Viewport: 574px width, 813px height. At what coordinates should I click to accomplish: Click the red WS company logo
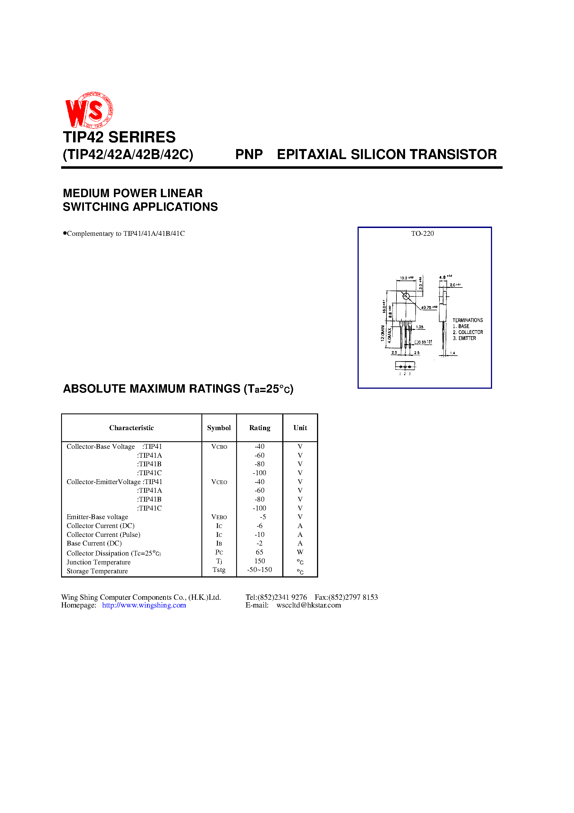pos(89,110)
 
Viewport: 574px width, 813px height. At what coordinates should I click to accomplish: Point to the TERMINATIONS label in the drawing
pos(468,320)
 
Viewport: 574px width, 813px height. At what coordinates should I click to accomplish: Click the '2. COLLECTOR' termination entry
pos(468,332)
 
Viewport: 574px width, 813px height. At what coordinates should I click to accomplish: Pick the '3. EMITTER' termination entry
pos(464,338)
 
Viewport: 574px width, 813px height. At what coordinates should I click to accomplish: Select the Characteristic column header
pos(131,428)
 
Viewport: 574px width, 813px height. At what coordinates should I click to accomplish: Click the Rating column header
pos(259,428)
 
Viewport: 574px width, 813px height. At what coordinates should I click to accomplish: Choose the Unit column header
pos(300,428)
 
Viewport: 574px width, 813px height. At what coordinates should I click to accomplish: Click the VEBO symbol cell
pos(219,517)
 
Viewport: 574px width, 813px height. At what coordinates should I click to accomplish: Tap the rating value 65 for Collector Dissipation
pos(259,552)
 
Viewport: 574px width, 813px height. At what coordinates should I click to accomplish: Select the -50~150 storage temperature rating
pos(259,570)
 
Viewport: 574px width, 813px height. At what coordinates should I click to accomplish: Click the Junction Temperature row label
pos(98,562)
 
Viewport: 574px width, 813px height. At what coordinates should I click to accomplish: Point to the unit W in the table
pos(300,552)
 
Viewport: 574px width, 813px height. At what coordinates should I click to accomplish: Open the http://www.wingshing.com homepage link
pos(144,605)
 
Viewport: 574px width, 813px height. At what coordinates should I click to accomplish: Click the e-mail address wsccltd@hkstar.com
pos(309,605)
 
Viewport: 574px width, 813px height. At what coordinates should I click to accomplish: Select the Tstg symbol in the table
pos(219,570)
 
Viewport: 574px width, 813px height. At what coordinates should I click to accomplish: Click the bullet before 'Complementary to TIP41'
pos(65,233)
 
